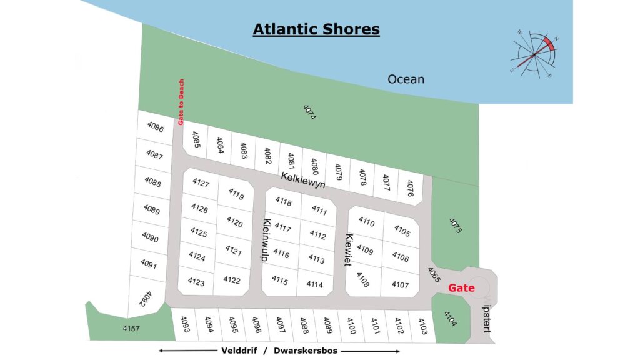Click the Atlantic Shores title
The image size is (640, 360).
pos(316,29)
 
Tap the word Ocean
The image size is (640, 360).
pos(406,79)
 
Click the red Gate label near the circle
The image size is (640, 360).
pos(461,288)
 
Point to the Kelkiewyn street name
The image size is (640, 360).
pos(303,181)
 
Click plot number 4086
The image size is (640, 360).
pos(156,127)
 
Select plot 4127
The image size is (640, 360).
pos(201,183)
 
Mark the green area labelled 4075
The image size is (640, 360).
pos(454,225)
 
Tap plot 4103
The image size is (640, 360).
pos(422,326)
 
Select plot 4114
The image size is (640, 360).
pos(315,284)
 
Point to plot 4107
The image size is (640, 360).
pos(400,285)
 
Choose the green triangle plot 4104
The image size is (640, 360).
pos(450,320)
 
